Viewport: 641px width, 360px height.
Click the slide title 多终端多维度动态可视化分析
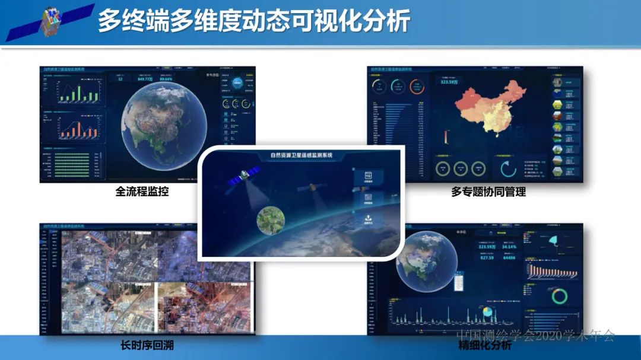click(254, 21)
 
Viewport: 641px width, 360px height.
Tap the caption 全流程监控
click(142, 192)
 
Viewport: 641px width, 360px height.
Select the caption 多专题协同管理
click(488, 192)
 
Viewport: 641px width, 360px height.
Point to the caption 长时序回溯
click(147, 345)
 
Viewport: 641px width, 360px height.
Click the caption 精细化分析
click(485, 345)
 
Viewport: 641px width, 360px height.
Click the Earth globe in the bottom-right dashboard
click(426, 261)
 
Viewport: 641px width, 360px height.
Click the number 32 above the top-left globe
click(120, 79)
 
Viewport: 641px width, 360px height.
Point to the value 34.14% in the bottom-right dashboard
click(510, 246)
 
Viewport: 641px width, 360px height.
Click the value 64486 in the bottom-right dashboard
click(510, 258)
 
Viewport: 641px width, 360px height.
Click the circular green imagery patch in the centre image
click(270, 219)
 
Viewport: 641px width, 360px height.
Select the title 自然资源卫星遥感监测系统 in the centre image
click(301, 155)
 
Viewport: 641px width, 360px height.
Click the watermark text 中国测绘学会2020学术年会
click(535, 336)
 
